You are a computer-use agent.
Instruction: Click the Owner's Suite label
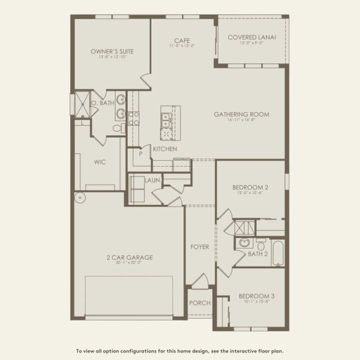[x=112, y=52]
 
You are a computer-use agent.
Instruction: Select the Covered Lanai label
[x=252, y=37]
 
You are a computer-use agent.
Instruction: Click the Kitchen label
[x=164, y=149]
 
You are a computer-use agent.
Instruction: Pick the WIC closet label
[x=100, y=161]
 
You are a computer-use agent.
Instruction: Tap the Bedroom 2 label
[x=250, y=187]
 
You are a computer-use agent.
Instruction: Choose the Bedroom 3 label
[x=256, y=296]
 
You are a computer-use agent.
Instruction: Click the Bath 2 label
[x=259, y=254]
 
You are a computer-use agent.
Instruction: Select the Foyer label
[x=200, y=247]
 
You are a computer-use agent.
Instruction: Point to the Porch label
[x=200, y=303]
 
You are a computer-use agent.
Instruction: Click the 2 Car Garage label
[x=129, y=257]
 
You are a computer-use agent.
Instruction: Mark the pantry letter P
[x=140, y=153]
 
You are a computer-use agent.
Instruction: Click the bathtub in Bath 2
[x=278, y=252]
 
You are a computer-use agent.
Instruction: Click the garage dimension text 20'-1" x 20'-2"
[x=129, y=263]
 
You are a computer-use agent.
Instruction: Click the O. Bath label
[x=103, y=103]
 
